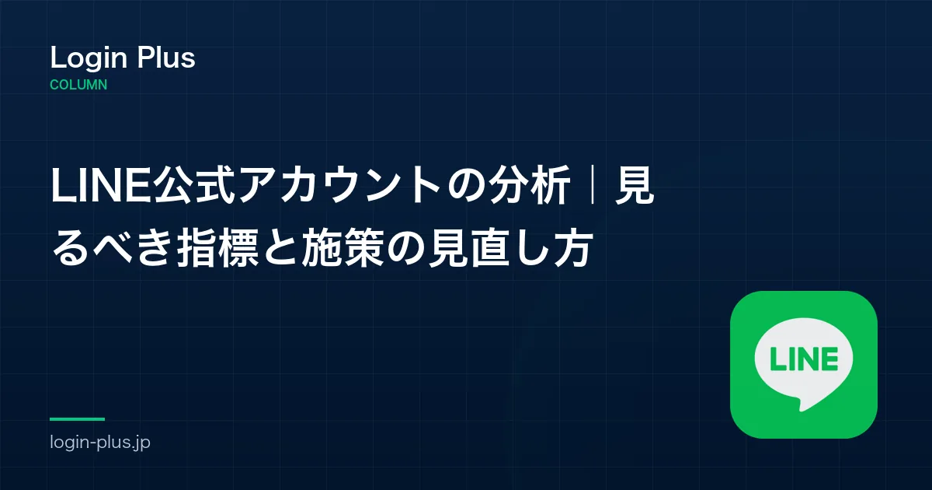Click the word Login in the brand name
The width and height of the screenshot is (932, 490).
click(89, 58)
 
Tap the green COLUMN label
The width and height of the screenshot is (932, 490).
click(78, 85)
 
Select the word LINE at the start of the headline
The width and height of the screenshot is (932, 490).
click(101, 185)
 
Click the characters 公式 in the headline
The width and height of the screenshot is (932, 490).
click(193, 185)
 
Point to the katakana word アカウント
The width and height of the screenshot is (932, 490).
click(339, 185)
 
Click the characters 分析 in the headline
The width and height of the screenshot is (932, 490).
click(529, 185)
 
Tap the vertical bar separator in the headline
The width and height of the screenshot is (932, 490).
click(593, 185)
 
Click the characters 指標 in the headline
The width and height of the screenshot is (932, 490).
click(217, 248)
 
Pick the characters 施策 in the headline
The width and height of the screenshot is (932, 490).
click(343, 248)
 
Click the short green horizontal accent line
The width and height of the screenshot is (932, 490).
click(78, 419)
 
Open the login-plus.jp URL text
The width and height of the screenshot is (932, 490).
click(100, 442)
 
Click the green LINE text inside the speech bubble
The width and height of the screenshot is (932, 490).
click(804, 359)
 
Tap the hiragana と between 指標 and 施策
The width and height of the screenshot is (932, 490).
click(280, 249)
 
